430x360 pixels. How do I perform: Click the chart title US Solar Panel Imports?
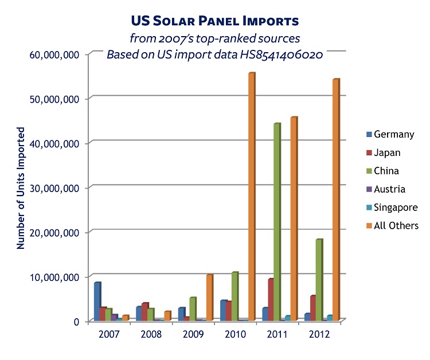215,21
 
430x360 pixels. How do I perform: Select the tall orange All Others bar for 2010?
252,196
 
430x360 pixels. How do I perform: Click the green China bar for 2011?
277,222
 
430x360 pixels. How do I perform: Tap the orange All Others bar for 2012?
336,199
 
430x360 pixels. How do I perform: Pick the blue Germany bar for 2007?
97,302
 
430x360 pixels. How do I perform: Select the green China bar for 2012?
319,280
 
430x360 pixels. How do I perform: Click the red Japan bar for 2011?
271,299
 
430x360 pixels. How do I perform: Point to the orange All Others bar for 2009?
210,298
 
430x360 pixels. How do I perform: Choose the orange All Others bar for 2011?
294,218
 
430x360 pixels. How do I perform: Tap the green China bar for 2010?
235,296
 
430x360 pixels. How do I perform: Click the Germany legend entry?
390,134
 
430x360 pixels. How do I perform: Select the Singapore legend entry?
392,208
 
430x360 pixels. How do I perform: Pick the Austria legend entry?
386,189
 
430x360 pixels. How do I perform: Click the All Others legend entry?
392,226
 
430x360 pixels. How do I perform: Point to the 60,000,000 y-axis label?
54,54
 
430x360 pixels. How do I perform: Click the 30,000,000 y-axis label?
54,189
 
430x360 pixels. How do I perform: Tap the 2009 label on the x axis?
193,335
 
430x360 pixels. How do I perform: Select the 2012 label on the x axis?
319,335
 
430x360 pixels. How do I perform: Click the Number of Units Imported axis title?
21,188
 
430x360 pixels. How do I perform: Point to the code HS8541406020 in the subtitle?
282,54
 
